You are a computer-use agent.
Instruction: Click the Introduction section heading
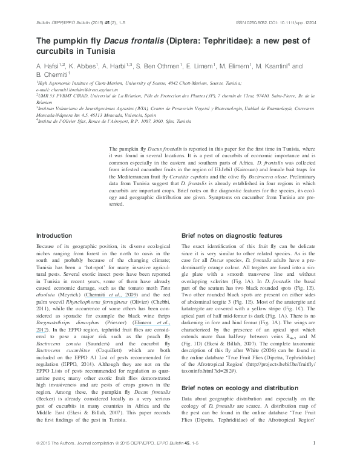[54, 235]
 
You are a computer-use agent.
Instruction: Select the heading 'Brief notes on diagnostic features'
[232, 235]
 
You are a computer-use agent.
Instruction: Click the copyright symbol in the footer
[38, 461]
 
